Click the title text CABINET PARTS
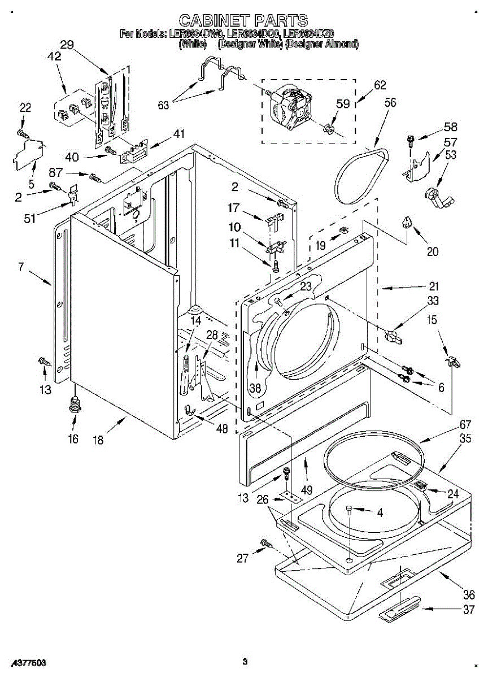243,21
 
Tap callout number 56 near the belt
390,103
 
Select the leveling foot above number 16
73,405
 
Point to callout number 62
380,85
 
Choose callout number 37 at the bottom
468,610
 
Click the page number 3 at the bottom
244,661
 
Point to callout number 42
54,56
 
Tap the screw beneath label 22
22,133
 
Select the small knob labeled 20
408,223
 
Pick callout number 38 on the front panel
255,388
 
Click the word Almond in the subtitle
342,44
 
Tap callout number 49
307,490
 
